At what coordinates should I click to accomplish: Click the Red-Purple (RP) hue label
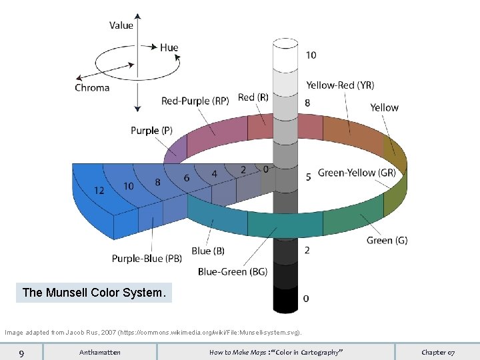pos(195,101)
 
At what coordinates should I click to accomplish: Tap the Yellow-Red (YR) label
pos(340,85)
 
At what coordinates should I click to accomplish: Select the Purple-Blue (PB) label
pos(147,259)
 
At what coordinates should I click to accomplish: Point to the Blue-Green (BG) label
pos(232,271)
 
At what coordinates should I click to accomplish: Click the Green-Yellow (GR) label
pos(357,173)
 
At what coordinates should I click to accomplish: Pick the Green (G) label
pos(387,240)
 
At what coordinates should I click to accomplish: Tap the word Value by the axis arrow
pos(121,25)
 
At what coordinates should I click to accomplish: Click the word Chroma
pos(92,87)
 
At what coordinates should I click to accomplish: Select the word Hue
pos(169,47)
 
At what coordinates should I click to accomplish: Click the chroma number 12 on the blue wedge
pos(99,190)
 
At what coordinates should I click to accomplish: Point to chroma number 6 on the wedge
pos(187,177)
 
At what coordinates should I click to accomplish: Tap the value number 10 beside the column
pos(311,55)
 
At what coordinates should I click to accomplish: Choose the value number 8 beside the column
pos(307,103)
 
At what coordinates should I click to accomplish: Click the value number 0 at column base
pos(306,298)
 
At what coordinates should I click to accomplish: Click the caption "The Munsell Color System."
pos(93,293)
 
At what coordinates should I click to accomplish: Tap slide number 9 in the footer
pos(22,352)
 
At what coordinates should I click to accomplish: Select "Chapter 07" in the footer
pos(438,352)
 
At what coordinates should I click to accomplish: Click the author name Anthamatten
pos(100,352)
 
